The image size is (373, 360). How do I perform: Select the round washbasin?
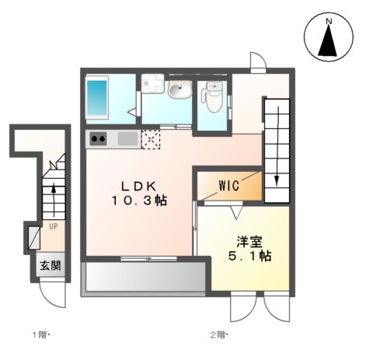(x=179, y=91)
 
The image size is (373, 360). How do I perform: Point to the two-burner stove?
(x=99, y=140)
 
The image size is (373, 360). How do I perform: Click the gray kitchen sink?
(x=127, y=139)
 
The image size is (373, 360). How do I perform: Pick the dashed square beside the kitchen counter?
(x=150, y=139)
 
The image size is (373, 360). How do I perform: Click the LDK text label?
(x=138, y=186)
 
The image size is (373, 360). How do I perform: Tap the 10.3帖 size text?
(x=138, y=200)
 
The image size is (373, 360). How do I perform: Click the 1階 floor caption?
(x=41, y=335)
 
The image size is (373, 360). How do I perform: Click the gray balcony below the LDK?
(x=144, y=278)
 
